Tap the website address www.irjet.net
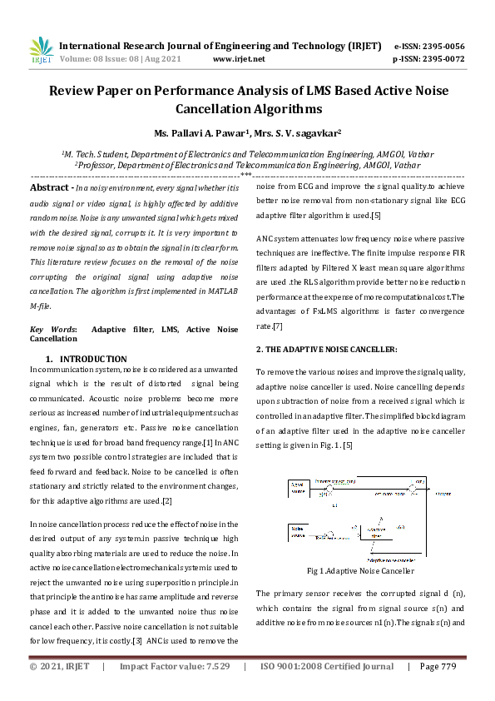coord(239,59)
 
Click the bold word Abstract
coord(51,189)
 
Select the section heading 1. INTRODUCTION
coord(92,359)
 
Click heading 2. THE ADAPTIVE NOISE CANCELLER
coord(326,348)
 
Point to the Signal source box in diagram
coord(298,486)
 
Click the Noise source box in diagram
coord(297,530)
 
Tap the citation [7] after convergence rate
coord(278,326)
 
